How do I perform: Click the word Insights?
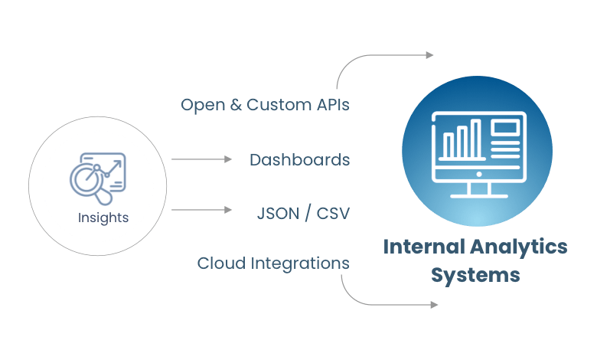click(x=103, y=218)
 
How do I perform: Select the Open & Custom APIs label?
click(x=265, y=105)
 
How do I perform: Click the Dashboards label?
click(x=299, y=160)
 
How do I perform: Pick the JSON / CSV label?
click(x=303, y=212)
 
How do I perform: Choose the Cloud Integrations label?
click(x=273, y=263)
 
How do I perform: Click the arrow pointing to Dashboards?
click(x=202, y=159)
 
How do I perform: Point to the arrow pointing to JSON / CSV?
click(x=202, y=209)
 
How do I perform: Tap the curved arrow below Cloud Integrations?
click(x=383, y=303)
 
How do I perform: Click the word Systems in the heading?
click(x=475, y=274)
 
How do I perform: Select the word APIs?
click(x=331, y=105)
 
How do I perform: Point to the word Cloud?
click(x=220, y=263)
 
